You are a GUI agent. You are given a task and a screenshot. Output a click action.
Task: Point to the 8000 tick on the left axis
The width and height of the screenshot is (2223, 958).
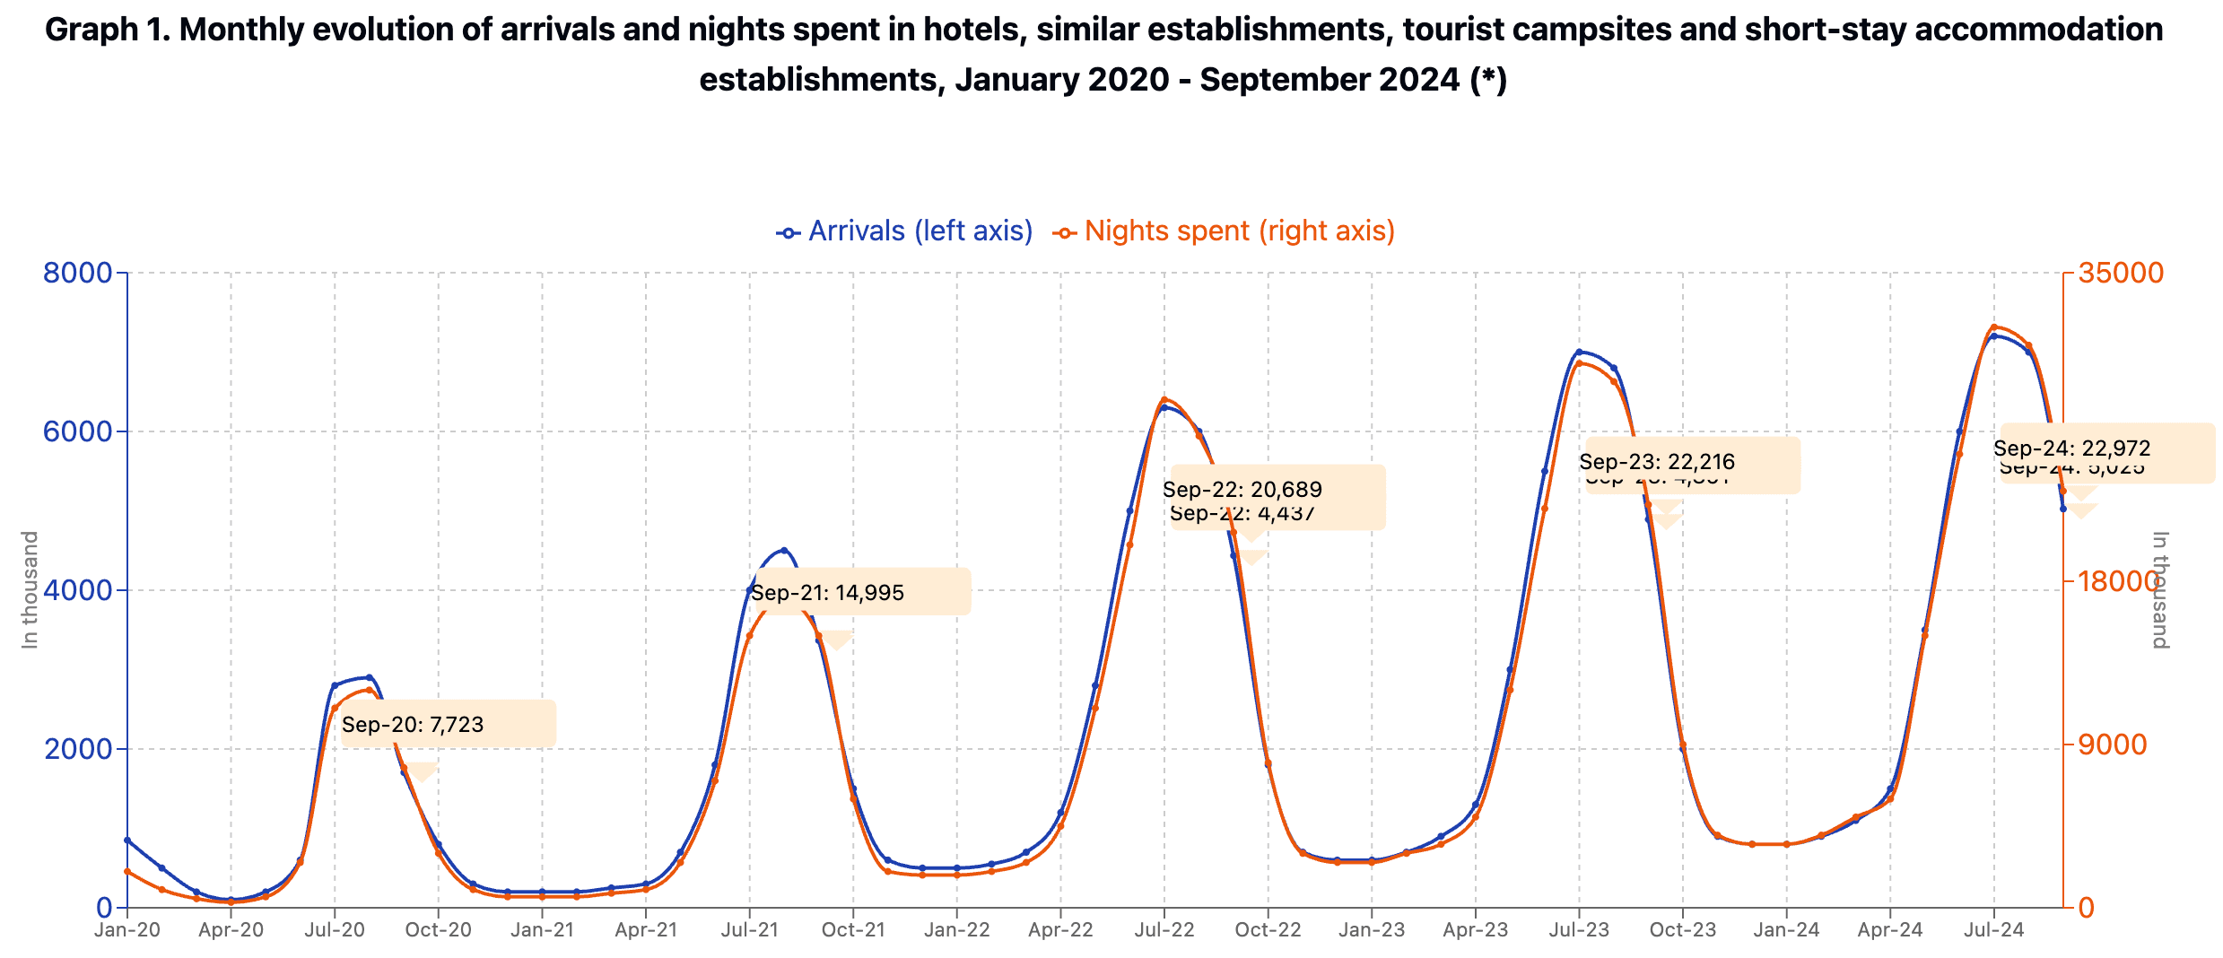point(78,273)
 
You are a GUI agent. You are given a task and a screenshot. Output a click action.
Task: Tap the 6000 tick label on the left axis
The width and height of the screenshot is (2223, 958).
point(78,431)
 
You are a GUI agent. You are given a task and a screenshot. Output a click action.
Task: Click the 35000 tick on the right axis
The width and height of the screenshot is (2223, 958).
point(2121,273)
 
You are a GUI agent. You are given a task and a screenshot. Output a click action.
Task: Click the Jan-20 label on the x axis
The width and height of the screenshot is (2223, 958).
point(127,930)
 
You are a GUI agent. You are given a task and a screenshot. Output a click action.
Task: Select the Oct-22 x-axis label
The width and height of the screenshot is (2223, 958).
point(1268,930)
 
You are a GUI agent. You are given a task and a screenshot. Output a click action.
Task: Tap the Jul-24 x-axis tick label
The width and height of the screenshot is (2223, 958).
point(1993,930)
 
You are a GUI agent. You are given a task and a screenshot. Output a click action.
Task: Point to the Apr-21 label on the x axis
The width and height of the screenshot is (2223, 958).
point(646,930)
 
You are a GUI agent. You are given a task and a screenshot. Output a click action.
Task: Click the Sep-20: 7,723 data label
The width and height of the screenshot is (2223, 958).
point(413,725)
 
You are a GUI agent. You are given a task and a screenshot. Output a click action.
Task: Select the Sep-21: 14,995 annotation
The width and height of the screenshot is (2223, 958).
point(827,593)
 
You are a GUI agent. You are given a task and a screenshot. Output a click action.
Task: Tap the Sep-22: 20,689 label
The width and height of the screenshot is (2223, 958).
point(1242,490)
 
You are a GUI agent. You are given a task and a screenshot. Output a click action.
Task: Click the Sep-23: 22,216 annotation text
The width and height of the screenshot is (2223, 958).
point(1657,462)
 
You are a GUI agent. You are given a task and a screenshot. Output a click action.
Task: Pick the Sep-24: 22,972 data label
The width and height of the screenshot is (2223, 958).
point(2071,449)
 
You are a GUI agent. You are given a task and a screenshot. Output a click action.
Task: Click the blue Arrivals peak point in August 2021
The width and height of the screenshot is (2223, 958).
point(784,550)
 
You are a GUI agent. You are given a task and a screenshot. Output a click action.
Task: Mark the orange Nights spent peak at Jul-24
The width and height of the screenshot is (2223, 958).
point(1993,327)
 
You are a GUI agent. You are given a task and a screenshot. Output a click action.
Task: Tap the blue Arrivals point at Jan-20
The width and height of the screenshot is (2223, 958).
point(127,840)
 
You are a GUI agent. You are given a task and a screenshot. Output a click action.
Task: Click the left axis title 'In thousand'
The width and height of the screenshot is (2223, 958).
point(31,590)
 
